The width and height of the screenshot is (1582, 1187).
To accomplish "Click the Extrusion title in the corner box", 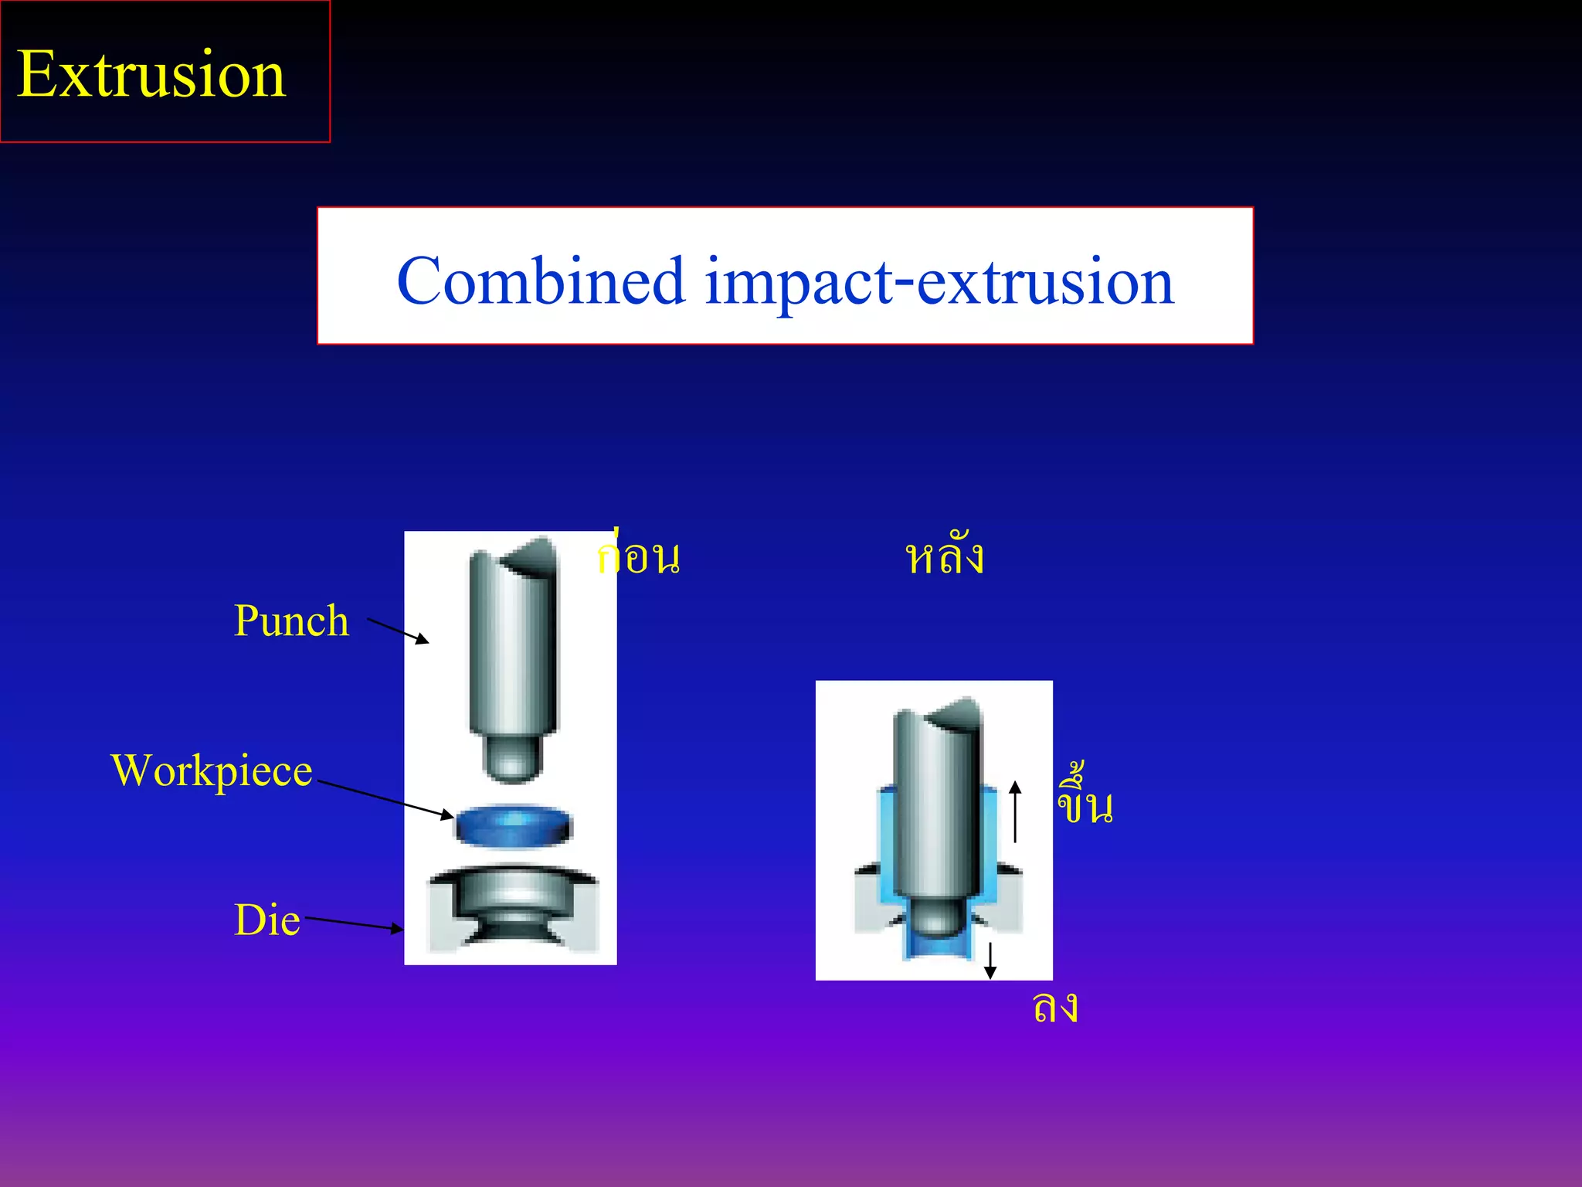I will [x=151, y=74].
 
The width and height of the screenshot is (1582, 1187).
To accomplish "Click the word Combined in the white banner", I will [x=541, y=281].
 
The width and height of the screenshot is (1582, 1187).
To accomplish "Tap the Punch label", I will [x=291, y=621].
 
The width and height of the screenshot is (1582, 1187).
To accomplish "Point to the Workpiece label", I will [x=212, y=771].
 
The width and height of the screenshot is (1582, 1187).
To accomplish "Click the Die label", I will [x=266, y=920].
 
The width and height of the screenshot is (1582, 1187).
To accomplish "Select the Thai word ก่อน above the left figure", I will [x=639, y=556].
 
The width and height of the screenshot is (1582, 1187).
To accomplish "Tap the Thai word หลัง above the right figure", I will [x=944, y=556].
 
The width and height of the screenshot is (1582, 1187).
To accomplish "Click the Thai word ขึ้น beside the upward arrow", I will [x=1085, y=800].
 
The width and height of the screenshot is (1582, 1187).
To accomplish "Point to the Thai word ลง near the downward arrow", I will [x=1055, y=1007].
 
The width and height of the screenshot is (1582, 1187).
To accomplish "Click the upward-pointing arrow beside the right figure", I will [x=1016, y=811].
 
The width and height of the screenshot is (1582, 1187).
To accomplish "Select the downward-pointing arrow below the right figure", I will [x=990, y=961].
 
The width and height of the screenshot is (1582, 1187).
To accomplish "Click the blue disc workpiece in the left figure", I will [x=513, y=827].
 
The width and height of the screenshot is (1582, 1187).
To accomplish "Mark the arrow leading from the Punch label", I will [x=398, y=631].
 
